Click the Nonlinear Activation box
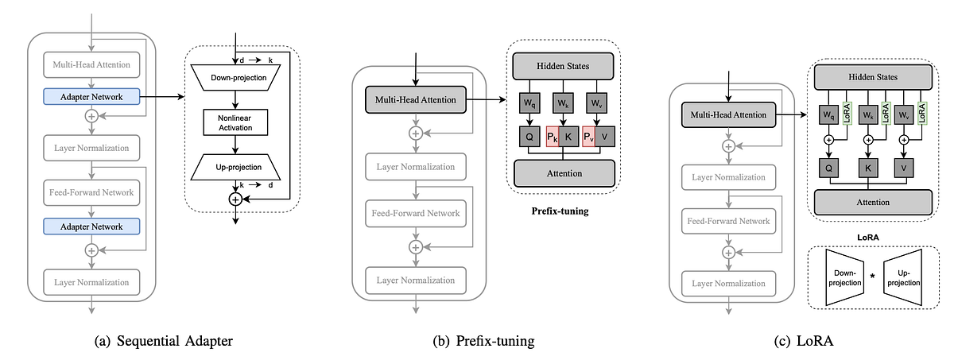(x=235, y=122)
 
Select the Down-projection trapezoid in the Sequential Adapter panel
(x=235, y=79)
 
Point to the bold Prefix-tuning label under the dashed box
(x=561, y=211)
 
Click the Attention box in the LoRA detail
(x=872, y=202)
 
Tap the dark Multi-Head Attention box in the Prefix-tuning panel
(x=414, y=99)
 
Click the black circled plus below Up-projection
(x=235, y=199)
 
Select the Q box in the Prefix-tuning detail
(x=526, y=135)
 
